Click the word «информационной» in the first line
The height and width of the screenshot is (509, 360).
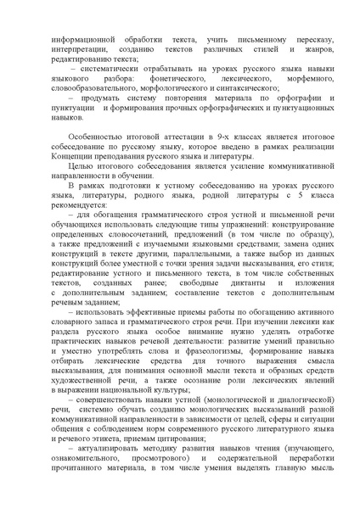[x=79, y=39]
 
